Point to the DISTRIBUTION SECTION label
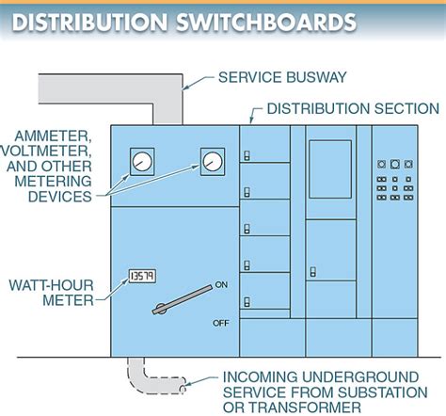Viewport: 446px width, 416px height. point(359,108)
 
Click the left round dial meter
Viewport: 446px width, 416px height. point(141,161)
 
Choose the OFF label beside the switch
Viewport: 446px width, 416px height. point(222,322)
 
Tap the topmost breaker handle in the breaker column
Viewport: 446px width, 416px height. point(247,156)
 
